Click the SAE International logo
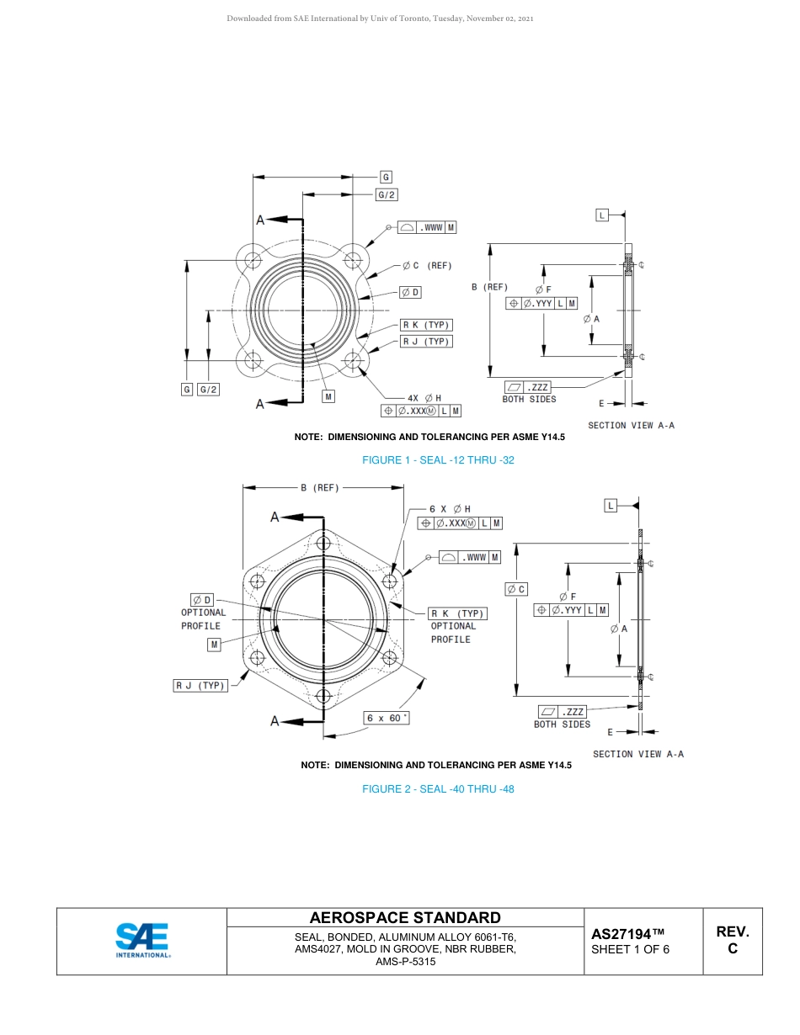pyautogui.click(x=142, y=941)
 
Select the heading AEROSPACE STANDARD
pyautogui.click(x=405, y=917)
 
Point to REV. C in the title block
pyautogui.click(x=733, y=940)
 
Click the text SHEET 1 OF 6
pyautogui.click(x=631, y=949)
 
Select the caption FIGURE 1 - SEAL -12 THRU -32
pyautogui.click(x=438, y=460)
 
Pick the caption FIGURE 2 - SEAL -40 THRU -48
pyautogui.click(x=438, y=788)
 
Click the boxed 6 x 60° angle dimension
pyautogui.click(x=387, y=718)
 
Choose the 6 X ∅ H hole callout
pyautogui.click(x=450, y=508)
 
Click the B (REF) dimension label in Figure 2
pyautogui.click(x=320, y=487)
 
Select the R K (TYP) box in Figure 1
pyautogui.click(x=426, y=325)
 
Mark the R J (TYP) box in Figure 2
pyautogui.click(x=200, y=686)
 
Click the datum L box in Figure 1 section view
pyautogui.click(x=602, y=215)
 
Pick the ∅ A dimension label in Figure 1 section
pyautogui.click(x=591, y=319)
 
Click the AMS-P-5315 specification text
pyautogui.click(x=405, y=962)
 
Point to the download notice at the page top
pyautogui.click(x=380, y=19)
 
